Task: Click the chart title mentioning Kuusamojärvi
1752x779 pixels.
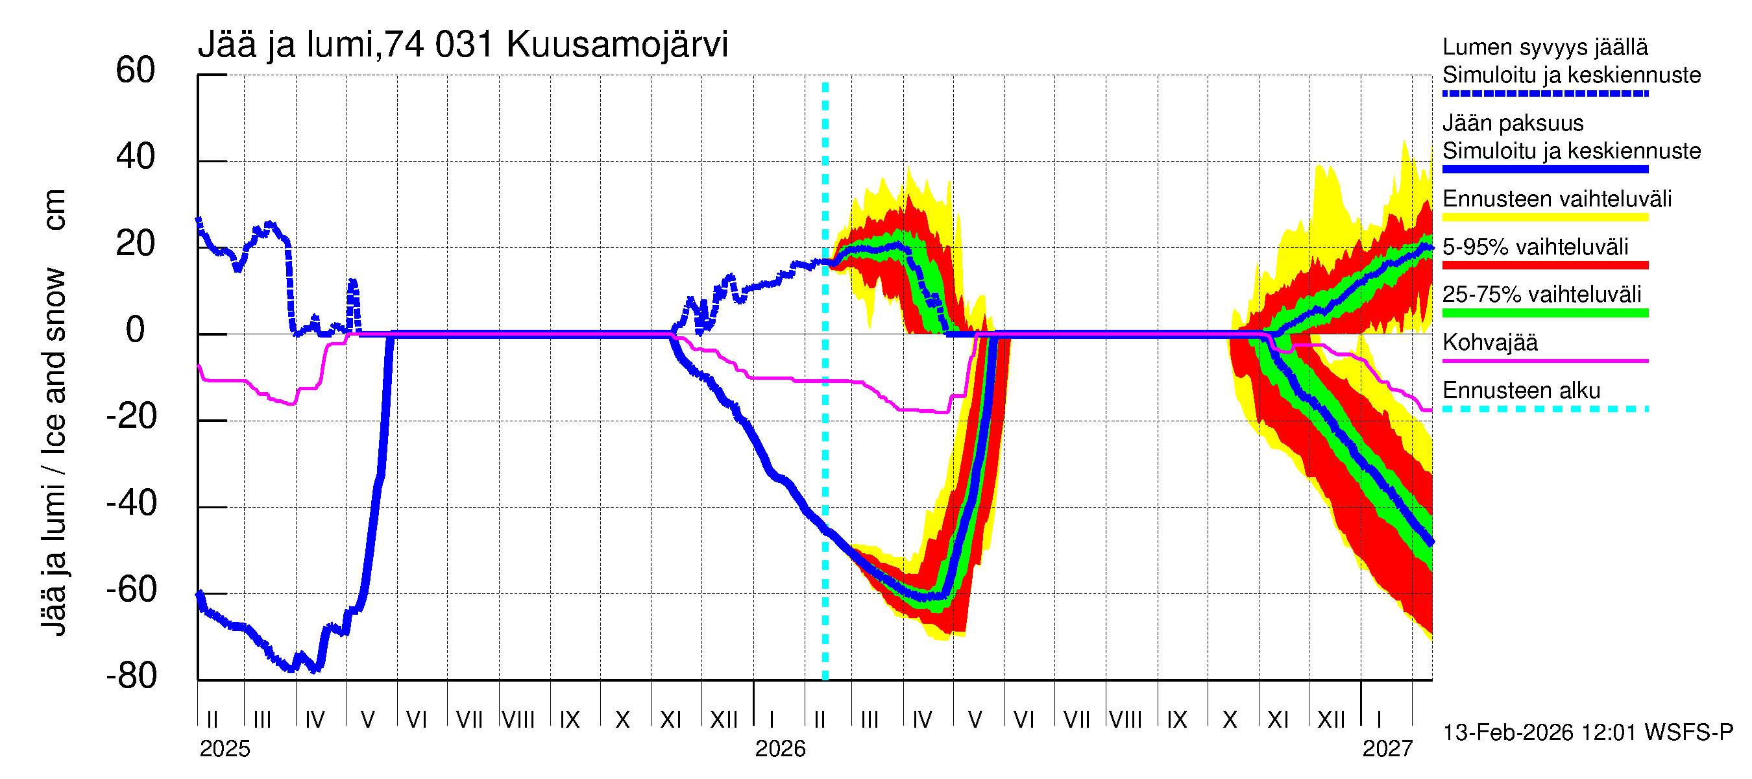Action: click(x=463, y=45)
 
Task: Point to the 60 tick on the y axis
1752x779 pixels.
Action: click(x=136, y=71)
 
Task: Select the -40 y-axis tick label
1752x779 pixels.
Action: click(x=131, y=504)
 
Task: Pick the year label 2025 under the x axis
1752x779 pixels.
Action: click(x=225, y=749)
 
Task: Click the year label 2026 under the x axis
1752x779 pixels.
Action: click(x=780, y=749)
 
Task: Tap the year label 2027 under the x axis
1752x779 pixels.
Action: click(x=1387, y=749)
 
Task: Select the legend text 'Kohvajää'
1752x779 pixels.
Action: click(x=1489, y=342)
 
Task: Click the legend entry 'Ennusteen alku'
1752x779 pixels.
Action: click(x=1521, y=391)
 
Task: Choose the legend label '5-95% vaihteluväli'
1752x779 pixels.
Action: click(x=1535, y=247)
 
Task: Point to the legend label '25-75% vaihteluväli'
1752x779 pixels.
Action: click(x=1541, y=295)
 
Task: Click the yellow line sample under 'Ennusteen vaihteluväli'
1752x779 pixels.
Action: click(x=1544, y=217)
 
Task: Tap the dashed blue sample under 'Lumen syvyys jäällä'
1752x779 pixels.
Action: click(x=1544, y=94)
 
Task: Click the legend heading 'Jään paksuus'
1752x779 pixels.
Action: click(x=1513, y=123)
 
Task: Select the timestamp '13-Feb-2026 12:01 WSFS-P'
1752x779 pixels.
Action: click(x=1587, y=733)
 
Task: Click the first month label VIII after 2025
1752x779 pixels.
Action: click(x=518, y=719)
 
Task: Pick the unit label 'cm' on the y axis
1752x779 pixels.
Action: click(x=55, y=210)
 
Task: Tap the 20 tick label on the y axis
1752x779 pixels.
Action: click(x=136, y=243)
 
